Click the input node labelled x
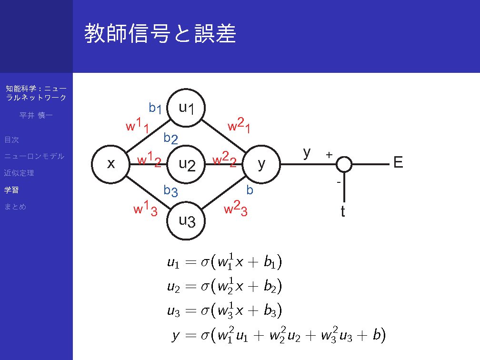pyautogui.click(x=110, y=164)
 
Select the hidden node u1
pyautogui.click(x=186, y=108)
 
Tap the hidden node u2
pyautogui.click(x=186, y=164)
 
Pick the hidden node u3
pyautogui.click(x=186, y=221)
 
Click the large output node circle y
pyautogui.click(x=261, y=164)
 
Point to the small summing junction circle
pyautogui.click(x=344, y=164)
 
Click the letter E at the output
pyautogui.click(x=398, y=162)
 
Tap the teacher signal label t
pyautogui.click(x=343, y=211)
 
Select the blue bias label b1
pyautogui.click(x=155, y=108)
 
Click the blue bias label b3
pyautogui.click(x=170, y=191)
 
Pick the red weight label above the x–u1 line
pyautogui.click(x=138, y=125)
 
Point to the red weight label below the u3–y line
pyautogui.click(x=236, y=208)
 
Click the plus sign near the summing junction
pyautogui.click(x=329, y=155)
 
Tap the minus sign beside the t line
pyautogui.click(x=339, y=182)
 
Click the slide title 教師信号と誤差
pyautogui.click(x=160, y=33)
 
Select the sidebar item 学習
pyautogui.click(x=11, y=190)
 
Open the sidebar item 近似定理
pyautogui.click(x=19, y=173)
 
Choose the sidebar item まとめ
pyautogui.click(x=15, y=207)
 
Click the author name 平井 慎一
pyautogui.click(x=36, y=115)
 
